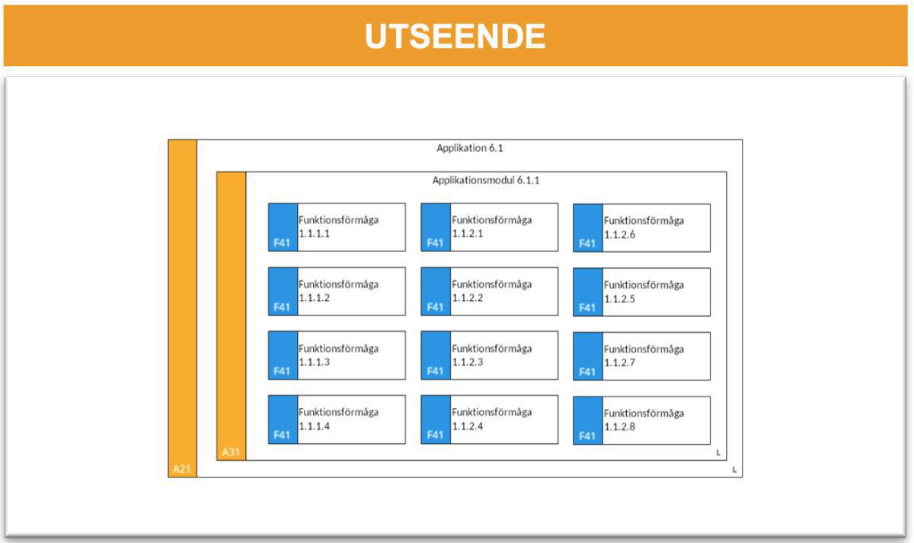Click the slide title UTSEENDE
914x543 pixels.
pyautogui.click(x=455, y=36)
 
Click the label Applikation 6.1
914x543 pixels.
pyautogui.click(x=469, y=148)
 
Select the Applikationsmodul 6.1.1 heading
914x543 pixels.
pyautogui.click(x=486, y=180)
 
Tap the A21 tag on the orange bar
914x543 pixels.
pyautogui.click(x=181, y=468)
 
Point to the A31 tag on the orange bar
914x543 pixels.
pyautogui.click(x=231, y=452)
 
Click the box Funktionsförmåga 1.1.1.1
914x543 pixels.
pyautogui.click(x=350, y=227)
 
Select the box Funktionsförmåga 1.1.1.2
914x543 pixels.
pyautogui.click(x=350, y=291)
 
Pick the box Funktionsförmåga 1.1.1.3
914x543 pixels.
pyautogui.click(x=350, y=355)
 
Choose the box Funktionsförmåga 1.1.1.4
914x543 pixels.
pyautogui.click(x=350, y=419)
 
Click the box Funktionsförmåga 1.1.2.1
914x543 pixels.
pyautogui.click(x=503, y=227)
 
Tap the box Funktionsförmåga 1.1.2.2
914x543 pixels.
pyautogui.click(x=503, y=291)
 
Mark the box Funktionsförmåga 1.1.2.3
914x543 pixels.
pyautogui.click(x=503, y=355)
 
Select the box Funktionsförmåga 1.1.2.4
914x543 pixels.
pyautogui.click(x=503, y=419)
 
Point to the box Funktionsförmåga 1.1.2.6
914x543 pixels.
pyautogui.click(x=656, y=228)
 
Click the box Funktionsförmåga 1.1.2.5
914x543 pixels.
pyautogui.click(x=656, y=292)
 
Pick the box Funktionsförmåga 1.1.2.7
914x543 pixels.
pyautogui.click(x=656, y=356)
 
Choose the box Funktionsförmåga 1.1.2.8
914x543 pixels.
pyautogui.click(x=656, y=420)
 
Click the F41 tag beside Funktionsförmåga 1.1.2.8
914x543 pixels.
pyautogui.click(x=586, y=436)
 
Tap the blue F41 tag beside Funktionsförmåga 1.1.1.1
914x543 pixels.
pyautogui.click(x=282, y=244)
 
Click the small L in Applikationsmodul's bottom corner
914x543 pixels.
pyautogui.click(x=717, y=453)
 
